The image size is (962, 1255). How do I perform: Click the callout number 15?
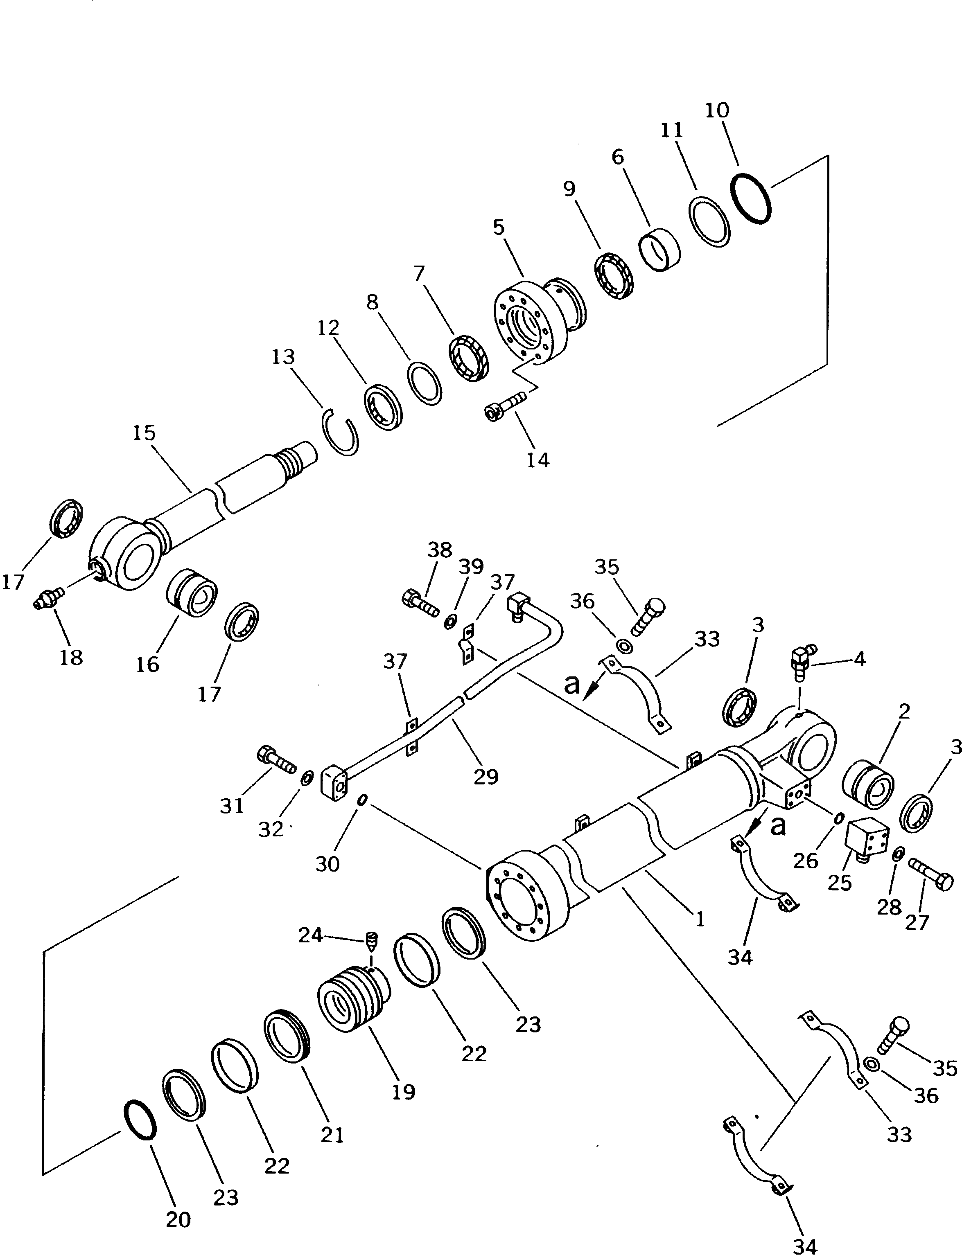pos(144,433)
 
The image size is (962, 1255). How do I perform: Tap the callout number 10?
pos(717,110)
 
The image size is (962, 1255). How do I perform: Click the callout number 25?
pos(840,883)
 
